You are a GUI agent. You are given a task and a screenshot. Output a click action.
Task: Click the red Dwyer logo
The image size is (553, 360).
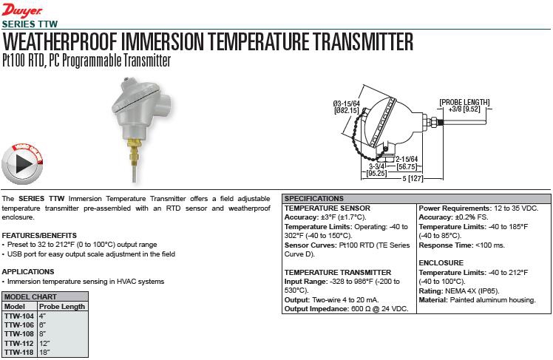(22, 10)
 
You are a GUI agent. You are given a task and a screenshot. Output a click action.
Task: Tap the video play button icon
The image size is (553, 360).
(22, 163)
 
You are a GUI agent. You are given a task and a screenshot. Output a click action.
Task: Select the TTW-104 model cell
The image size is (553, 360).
(19, 316)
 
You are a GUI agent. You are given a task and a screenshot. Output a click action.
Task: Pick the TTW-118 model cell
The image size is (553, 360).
(19, 353)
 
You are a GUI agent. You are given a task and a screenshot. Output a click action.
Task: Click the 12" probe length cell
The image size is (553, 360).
(44, 343)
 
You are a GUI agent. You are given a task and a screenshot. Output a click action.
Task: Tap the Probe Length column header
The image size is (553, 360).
(62, 306)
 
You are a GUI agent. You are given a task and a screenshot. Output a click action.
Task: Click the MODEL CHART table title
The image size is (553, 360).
(30, 297)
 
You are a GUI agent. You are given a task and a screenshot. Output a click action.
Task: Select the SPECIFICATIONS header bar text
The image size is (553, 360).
(314, 199)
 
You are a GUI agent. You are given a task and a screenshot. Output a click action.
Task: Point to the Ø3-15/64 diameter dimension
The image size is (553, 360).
(346, 107)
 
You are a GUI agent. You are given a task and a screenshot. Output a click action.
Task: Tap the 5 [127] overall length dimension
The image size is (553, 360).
(413, 178)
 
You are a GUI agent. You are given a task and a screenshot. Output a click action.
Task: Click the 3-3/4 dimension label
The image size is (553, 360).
(376, 166)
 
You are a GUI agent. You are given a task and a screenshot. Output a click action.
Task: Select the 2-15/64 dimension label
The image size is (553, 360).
(407, 160)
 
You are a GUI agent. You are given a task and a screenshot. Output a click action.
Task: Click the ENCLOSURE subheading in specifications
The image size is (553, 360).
(441, 263)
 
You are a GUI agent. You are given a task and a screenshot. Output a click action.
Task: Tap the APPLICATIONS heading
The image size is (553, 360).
(28, 272)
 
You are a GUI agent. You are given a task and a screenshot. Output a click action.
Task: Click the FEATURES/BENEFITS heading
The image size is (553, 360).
(39, 236)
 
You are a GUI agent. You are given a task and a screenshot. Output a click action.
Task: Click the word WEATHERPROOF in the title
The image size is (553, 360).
(60, 41)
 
